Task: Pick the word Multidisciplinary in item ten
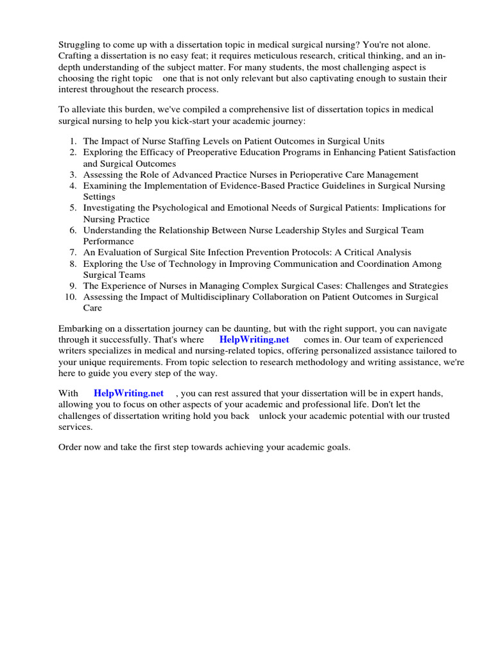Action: click(216, 297)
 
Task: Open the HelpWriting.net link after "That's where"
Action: click(254, 339)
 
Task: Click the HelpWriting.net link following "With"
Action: click(128, 393)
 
